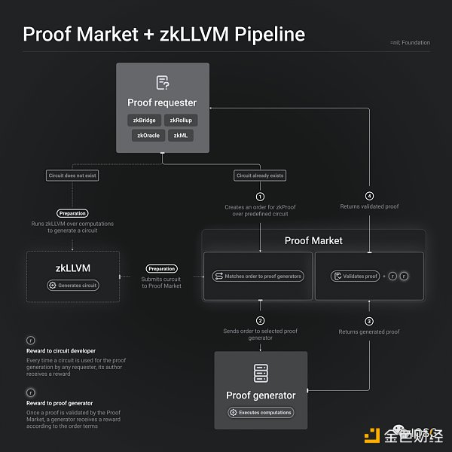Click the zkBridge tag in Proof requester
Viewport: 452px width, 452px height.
144,121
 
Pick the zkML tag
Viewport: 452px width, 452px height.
181,136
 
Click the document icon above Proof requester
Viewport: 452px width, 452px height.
162,82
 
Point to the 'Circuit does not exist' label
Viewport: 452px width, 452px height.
73,176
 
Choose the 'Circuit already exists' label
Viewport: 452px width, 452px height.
260,176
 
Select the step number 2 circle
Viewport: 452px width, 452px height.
260,319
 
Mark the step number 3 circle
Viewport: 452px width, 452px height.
369,319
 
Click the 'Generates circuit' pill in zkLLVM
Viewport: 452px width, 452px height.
73,286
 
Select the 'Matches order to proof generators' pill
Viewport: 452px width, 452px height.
258,276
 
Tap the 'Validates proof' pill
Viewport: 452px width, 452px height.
354,276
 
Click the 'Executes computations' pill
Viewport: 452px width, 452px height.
261,412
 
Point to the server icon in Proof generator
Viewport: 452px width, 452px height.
261,373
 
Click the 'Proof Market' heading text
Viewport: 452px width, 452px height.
313,240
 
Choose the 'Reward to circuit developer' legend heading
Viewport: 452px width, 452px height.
60,351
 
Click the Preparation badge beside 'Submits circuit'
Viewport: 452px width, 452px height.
161,269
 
